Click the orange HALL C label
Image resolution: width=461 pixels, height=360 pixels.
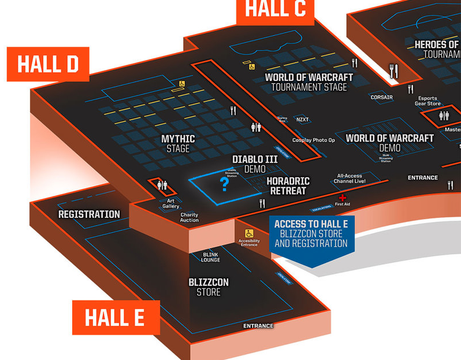275,10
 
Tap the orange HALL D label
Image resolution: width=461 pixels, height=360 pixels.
48,64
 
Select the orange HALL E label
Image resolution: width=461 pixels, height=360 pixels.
116,317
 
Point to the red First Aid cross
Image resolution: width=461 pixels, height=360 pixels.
343,198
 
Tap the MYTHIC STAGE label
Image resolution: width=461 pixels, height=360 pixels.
178,144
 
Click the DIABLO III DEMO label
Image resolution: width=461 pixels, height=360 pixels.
255,164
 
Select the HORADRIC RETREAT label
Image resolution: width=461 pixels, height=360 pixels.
288,185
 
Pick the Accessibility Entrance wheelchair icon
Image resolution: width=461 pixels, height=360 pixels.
249,233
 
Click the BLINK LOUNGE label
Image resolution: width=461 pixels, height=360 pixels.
210,257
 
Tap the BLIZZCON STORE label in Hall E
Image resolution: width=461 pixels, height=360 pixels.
209,287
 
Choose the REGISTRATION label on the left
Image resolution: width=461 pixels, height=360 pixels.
89,214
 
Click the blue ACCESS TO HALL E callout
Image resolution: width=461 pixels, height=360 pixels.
311,234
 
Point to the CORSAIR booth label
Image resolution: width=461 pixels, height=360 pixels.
381,98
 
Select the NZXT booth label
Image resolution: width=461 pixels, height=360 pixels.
302,120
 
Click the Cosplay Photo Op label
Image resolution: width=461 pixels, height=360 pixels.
314,140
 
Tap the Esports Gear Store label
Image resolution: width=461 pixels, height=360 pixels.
427,101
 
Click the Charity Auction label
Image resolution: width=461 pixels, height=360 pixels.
189,217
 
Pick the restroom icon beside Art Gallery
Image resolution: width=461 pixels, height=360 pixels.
162,185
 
